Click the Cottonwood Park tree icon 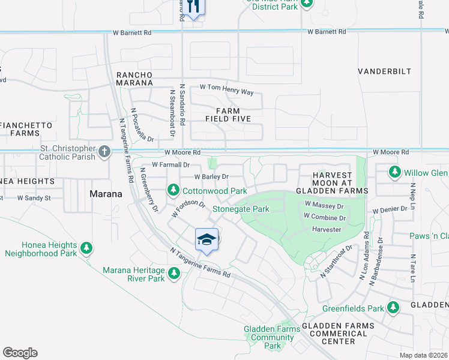coord(173,190)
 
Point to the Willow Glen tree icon coord(394,173)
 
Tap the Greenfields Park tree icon coord(393,308)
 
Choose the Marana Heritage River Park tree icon coord(174,274)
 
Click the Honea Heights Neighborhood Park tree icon coord(86,247)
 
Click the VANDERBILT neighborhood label coord(385,71)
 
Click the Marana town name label coord(106,194)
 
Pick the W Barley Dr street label coord(211,177)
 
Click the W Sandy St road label coord(34,197)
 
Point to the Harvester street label coord(327,229)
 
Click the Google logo coord(20,353)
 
